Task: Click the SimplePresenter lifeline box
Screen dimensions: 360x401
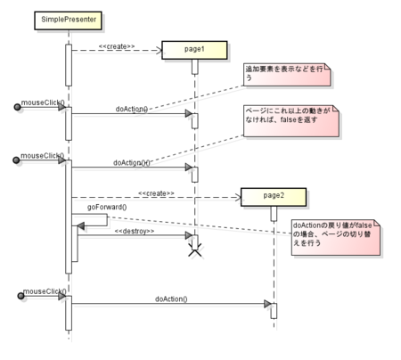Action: [69, 19]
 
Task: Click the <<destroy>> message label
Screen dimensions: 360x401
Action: [135, 232]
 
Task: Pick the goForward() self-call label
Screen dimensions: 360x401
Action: [106, 208]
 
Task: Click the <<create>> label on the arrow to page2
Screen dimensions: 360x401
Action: [156, 192]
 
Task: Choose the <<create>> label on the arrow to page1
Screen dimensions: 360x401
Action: [117, 45]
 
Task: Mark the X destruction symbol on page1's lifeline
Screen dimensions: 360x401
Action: [194, 252]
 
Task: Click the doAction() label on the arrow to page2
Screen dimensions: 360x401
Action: [171, 299]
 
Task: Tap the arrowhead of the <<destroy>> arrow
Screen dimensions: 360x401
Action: [187, 238]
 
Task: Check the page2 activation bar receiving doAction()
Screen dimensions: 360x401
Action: [274, 310]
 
